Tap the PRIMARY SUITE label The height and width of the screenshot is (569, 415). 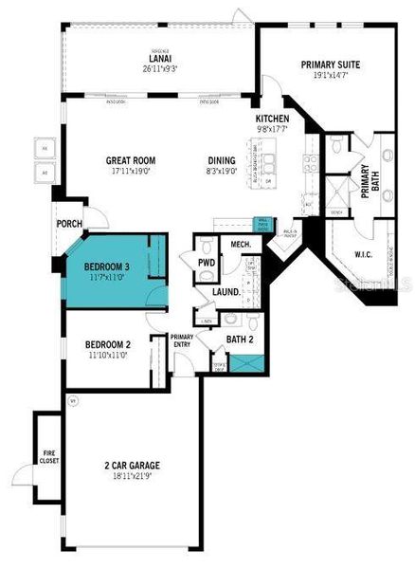coord(331,65)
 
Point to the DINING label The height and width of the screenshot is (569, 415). coord(223,160)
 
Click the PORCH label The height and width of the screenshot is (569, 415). coord(69,225)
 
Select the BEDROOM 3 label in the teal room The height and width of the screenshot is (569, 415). coord(106,266)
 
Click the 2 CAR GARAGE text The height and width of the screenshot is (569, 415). coord(132,466)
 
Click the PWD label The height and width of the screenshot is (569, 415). coord(206,263)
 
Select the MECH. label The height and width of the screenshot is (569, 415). coord(240,245)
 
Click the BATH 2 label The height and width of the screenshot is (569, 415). coord(239,338)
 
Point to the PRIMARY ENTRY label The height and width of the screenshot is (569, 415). coord(181,340)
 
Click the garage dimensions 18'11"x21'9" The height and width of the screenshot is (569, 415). coord(132,477)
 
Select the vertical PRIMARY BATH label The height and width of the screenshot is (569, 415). coord(365,180)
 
